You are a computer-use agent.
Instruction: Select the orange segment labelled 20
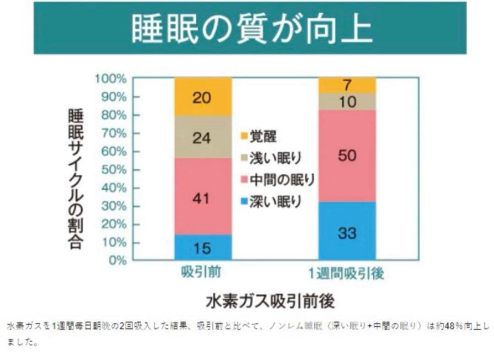[202, 97]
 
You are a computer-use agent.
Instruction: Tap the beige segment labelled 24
[202, 137]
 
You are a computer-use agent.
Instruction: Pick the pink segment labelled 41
[202, 196]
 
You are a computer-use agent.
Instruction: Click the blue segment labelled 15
[202, 247]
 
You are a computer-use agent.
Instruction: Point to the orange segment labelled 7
[347, 85]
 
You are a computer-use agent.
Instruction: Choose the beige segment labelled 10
[347, 102]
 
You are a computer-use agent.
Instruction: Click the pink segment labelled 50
[347, 156]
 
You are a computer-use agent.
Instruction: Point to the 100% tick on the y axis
[111, 79]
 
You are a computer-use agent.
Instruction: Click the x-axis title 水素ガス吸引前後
[271, 301]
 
